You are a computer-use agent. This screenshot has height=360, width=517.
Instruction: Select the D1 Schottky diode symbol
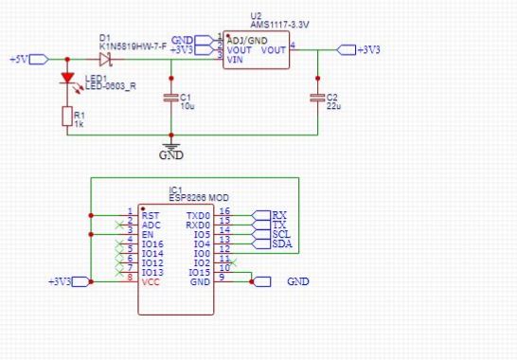point(104,59)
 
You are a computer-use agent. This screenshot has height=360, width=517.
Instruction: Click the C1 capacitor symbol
point(170,97)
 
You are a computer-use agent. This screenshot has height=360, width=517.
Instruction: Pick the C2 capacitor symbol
point(317,97)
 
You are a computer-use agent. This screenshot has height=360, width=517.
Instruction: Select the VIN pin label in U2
point(236,60)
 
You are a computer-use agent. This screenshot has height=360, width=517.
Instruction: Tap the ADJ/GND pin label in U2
point(245,39)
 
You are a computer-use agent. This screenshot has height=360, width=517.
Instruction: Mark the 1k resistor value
point(80,124)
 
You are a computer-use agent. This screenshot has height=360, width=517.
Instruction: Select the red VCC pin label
point(152,281)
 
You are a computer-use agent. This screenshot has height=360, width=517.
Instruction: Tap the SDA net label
point(281,243)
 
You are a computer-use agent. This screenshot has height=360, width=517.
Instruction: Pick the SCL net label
point(281,234)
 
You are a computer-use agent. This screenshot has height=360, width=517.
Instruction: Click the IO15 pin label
point(198,273)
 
